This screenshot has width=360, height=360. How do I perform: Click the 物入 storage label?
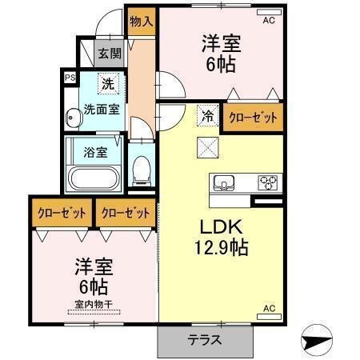point(140,21)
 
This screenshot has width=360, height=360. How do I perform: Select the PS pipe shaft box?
point(69,78)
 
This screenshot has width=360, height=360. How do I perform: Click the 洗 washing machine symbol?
point(107,82)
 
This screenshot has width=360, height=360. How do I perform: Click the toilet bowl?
point(142,168)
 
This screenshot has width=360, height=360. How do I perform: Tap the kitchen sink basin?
point(223,182)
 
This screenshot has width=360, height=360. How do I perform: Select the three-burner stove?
point(266,182)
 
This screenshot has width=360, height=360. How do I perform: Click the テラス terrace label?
point(204,339)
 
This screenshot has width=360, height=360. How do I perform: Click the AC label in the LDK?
point(270,308)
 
